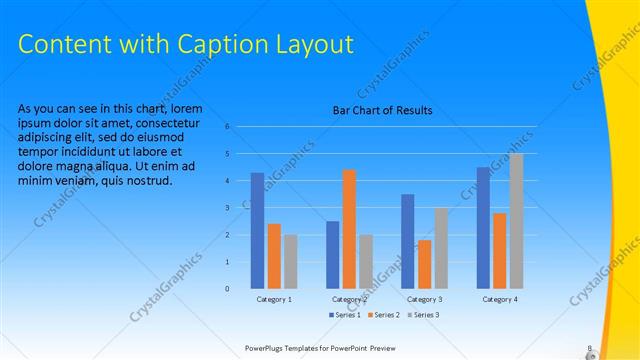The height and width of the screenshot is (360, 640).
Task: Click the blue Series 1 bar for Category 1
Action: tap(257, 231)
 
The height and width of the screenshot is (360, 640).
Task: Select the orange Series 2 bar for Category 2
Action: tap(349, 229)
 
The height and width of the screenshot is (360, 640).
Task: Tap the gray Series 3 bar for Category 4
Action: tap(516, 221)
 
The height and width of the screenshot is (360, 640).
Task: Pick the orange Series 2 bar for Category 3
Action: tap(425, 264)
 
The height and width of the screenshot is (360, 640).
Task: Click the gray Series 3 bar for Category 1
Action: tap(290, 262)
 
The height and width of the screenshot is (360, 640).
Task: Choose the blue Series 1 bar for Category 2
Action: tap(333, 255)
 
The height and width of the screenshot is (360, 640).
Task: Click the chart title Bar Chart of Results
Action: tap(383, 111)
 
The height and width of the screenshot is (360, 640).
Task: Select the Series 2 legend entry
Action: tap(385, 315)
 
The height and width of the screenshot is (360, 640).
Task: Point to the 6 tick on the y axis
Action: tap(228, 127)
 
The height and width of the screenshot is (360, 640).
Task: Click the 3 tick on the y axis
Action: tap(228, 208)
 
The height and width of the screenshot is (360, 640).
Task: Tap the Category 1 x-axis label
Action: tap(274, 299)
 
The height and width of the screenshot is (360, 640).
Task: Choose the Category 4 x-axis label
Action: tap(499, 299)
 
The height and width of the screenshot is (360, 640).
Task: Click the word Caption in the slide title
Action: tap(216, 45)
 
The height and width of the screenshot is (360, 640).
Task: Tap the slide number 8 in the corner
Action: tap(589, 348)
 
